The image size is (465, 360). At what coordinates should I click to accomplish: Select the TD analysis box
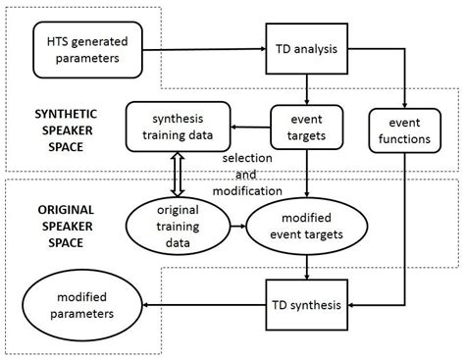(x=307, y=46)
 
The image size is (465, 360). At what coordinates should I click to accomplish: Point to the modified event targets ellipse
(x=306, y=228)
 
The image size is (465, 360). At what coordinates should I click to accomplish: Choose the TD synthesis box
(x=307, y=303)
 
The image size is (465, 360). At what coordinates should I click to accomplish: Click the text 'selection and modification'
(x=252, y=174)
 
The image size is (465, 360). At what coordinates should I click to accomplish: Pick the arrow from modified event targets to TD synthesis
(x=307, y=268)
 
